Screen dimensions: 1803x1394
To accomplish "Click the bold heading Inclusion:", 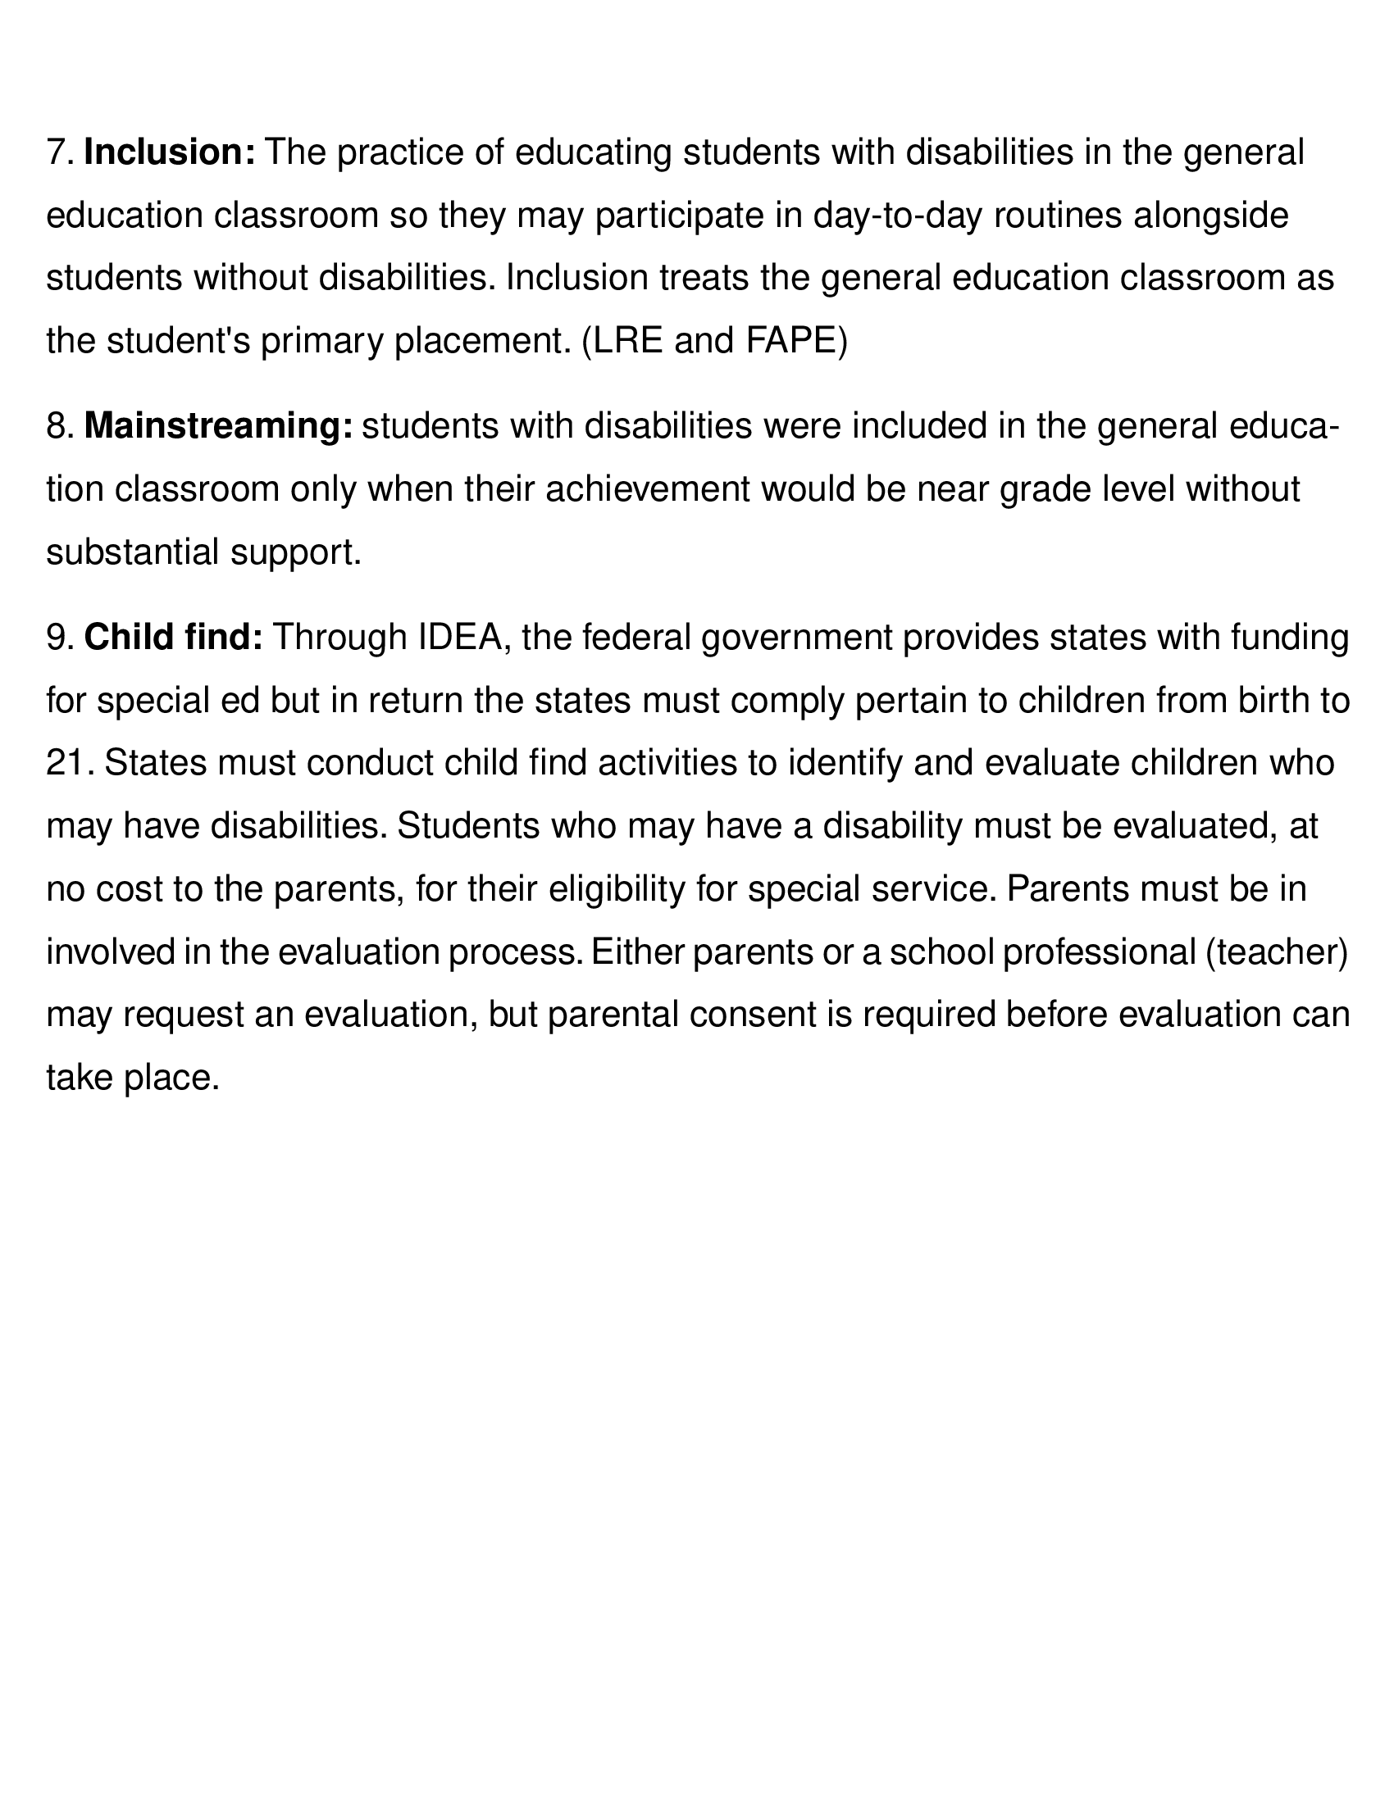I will [170, 152].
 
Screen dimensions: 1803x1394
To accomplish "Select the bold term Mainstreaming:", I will [219, 427].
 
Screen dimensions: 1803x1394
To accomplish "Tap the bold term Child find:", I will [173, 638].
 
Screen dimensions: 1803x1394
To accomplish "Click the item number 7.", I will [60, 152].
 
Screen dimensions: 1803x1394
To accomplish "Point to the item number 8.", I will [60, 427].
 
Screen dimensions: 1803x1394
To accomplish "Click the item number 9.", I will [60, 638].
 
